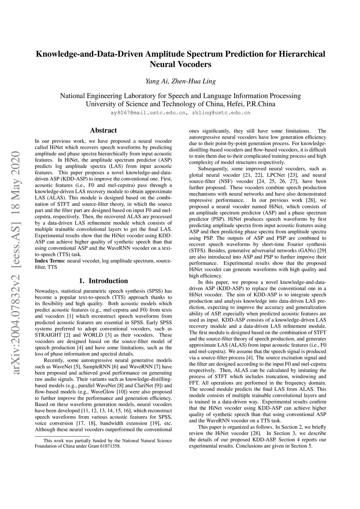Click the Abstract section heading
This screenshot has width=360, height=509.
pos(103,130)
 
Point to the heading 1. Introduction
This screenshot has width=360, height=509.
pos(103,281)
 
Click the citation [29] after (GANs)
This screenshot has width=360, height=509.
pos(322,251)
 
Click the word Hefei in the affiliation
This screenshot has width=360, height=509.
pos(234,104)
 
